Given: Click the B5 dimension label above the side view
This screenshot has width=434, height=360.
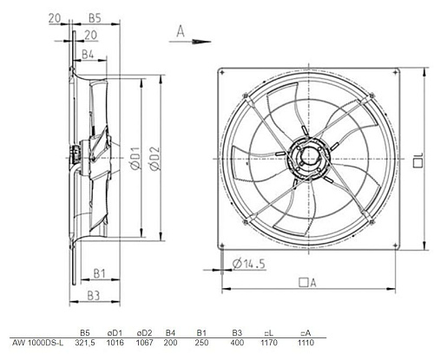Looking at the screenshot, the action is pos(95,18).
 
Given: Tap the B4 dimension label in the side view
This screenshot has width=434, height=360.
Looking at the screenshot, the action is pos(88,55).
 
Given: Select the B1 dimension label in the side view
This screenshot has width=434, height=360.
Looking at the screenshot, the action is pos(99,273).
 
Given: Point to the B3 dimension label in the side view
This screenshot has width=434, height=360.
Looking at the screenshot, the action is pos(94,296).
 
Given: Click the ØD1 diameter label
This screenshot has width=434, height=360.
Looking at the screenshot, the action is pos(135,158).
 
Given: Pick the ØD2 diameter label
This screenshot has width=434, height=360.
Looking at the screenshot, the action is pos(155,158).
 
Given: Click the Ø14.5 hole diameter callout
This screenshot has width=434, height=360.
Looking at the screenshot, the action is pos(249,264).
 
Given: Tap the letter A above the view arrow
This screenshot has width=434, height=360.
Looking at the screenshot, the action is pos(181,31).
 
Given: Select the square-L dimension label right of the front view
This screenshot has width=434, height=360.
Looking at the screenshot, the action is pos(418,160).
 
